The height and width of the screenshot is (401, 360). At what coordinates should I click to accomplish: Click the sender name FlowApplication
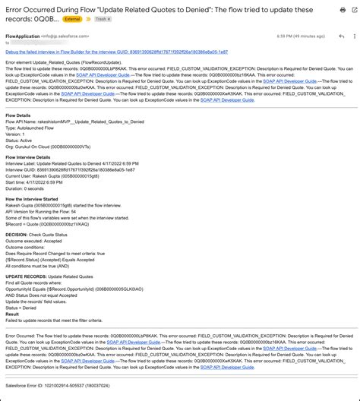[21, 35]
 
